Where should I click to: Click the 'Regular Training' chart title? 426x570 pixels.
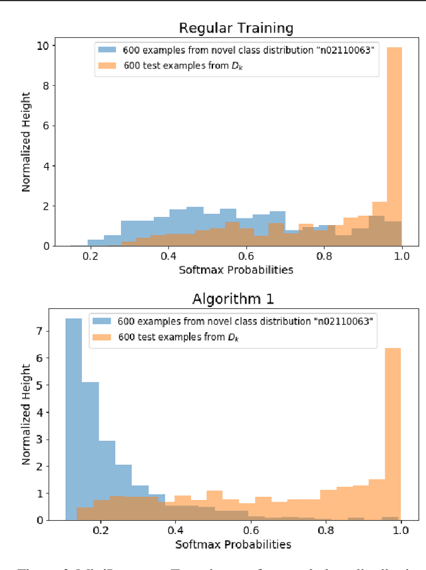coord(236,28)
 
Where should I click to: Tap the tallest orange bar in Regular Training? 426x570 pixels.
coord(394,146)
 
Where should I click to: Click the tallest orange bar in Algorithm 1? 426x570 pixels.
coord(393,433)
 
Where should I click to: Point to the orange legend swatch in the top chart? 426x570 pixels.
coord(108,65)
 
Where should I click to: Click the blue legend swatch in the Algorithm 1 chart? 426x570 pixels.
coord(101,321)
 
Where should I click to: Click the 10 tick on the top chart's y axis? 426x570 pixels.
coord(41,46)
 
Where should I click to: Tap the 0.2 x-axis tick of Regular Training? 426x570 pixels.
coord(91,255)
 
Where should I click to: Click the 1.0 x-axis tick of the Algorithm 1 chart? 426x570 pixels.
coord(400,530)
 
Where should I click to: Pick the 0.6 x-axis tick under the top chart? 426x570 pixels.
coord(246,255)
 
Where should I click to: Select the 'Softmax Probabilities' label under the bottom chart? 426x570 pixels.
coord(233,544)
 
